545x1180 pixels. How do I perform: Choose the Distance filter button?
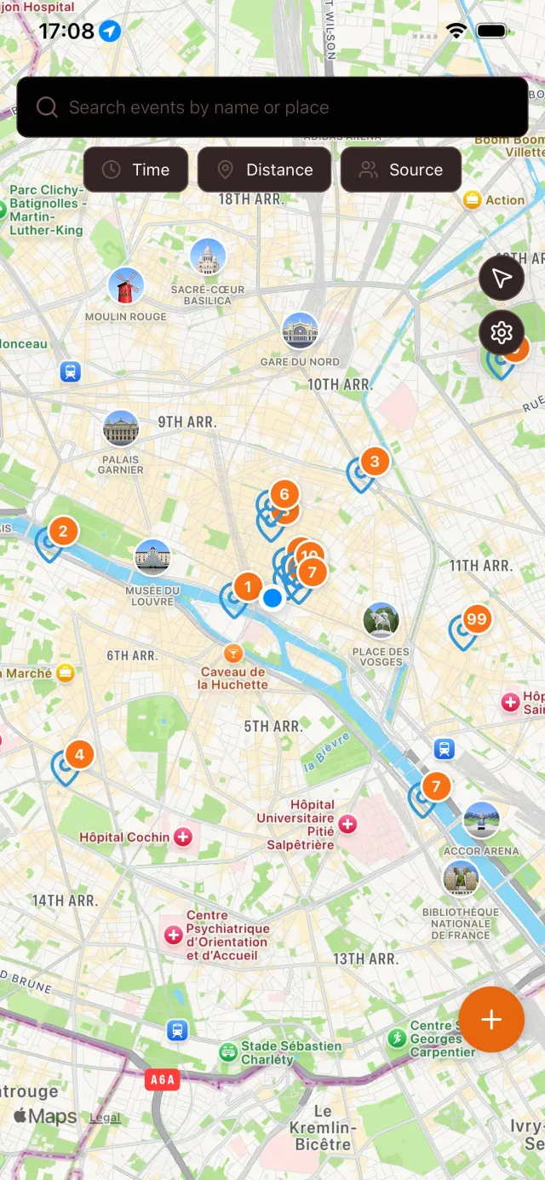264,170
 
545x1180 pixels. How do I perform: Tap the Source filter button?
401,170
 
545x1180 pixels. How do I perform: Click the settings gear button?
502,332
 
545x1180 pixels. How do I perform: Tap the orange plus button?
491,1020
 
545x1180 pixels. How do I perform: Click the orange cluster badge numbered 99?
477,619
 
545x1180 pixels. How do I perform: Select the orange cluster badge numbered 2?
63,532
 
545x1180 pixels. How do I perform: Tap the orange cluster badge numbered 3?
375,462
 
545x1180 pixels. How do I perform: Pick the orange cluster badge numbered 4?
79,754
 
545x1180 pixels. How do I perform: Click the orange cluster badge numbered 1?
248,586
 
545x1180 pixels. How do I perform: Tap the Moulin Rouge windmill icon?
126,286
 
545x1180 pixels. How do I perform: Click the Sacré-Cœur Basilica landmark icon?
208,257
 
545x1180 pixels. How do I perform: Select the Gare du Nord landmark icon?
300,331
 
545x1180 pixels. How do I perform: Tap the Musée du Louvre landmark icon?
153,557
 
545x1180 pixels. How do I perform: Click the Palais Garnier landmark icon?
121,429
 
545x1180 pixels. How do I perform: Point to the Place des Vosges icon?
381,620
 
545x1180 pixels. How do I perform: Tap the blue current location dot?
272,598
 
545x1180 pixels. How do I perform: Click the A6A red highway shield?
162,1080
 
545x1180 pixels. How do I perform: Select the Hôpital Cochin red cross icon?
182,838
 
